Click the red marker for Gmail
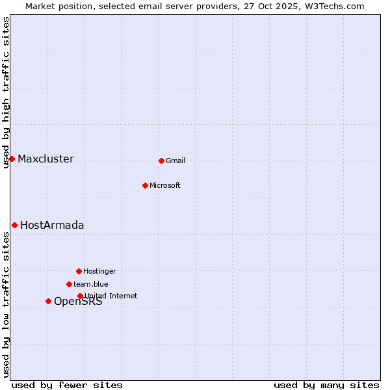tap(161, 161)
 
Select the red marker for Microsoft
tap(145, 185)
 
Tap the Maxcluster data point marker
tap(12, 159)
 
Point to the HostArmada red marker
tap(14, 225)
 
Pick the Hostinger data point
tap(79, 271)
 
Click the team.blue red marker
tap(69, 284)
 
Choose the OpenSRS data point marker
tap(48, 301)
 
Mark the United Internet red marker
tap(80, 296)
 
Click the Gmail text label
tap(175, 161)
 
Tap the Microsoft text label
tap(165, 186)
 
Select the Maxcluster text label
tap(45, 159)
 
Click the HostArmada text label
tap(52, 226)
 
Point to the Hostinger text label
tap(99, 272)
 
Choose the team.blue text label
tap(91, 285)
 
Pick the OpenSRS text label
tap(78, 302)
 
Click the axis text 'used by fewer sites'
tap(67, 385)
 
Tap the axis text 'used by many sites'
tap(326, 385)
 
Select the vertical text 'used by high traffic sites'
tap(6, 92)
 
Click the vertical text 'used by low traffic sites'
tap(6, 304)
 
